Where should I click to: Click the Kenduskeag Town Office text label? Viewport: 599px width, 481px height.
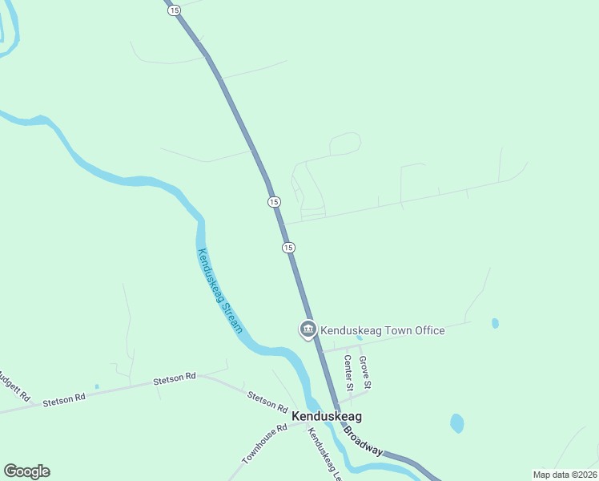point(382,330)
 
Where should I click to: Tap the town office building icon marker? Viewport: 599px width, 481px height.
point(308,329)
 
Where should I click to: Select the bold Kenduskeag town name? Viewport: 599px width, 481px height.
point(326,417)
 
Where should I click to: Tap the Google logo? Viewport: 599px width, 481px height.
point(26,471)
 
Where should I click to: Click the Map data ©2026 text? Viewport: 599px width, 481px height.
point(564,475)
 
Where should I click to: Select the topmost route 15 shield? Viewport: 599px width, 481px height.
point(175,10)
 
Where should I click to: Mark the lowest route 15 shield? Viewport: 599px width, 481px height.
point(288,247)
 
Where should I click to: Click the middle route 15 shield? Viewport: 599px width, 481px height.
point(274,202)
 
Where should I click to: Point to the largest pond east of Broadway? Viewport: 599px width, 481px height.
point(456,422)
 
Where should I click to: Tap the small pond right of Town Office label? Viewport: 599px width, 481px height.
point(495,323)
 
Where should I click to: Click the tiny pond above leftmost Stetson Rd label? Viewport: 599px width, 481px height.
point(97,386)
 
